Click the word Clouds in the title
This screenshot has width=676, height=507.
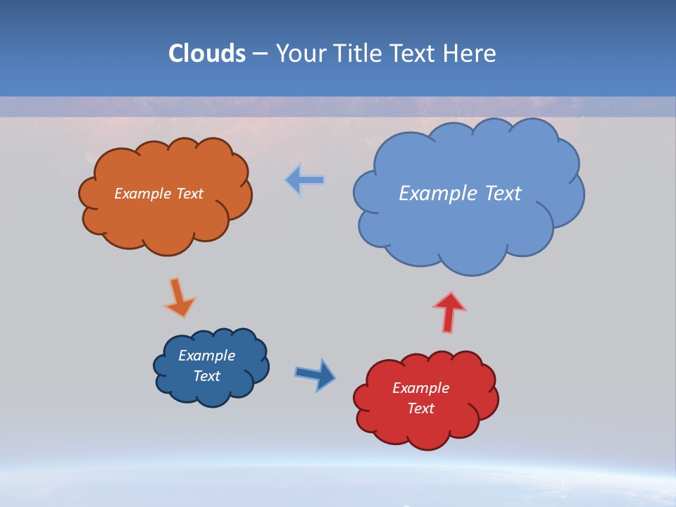tap(207, 54)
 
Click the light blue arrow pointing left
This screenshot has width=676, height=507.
tap(305, 180)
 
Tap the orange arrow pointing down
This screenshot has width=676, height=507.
tap(180, 297)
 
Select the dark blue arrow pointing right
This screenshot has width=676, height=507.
tap(315, 374)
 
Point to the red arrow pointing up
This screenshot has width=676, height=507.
tap(449, 311)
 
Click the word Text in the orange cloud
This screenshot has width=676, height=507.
tap(189, 194)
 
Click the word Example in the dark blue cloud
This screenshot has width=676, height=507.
tap(206, 356)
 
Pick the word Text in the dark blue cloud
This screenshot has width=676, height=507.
tap(206, 376)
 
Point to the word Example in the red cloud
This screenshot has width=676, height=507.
tap(420, 388)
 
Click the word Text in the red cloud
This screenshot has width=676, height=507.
tap(420, 408)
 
